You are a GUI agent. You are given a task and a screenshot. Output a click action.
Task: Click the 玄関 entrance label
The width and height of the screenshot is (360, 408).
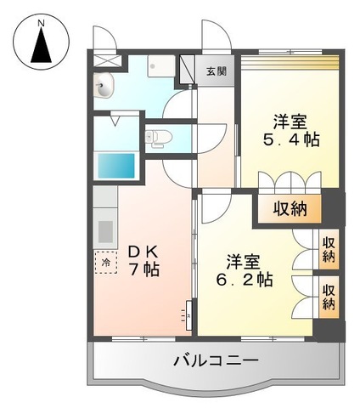click(217, 71)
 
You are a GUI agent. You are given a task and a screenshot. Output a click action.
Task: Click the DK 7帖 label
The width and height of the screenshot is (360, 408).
click(144, 260)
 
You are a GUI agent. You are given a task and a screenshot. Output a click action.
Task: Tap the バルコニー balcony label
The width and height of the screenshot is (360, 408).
click(216, 360)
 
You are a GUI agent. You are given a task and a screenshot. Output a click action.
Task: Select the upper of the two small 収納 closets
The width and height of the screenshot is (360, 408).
click(328, 248)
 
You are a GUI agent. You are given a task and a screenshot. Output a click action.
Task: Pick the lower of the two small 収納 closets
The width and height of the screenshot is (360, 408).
click(328, 296)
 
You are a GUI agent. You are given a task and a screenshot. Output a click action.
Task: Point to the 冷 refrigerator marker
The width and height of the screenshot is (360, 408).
click(106, 263)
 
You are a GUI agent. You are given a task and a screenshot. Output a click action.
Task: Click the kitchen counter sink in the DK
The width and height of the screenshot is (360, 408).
click(104, 230)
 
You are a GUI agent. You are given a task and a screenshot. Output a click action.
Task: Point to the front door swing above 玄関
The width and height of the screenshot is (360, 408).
click(212, 38)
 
